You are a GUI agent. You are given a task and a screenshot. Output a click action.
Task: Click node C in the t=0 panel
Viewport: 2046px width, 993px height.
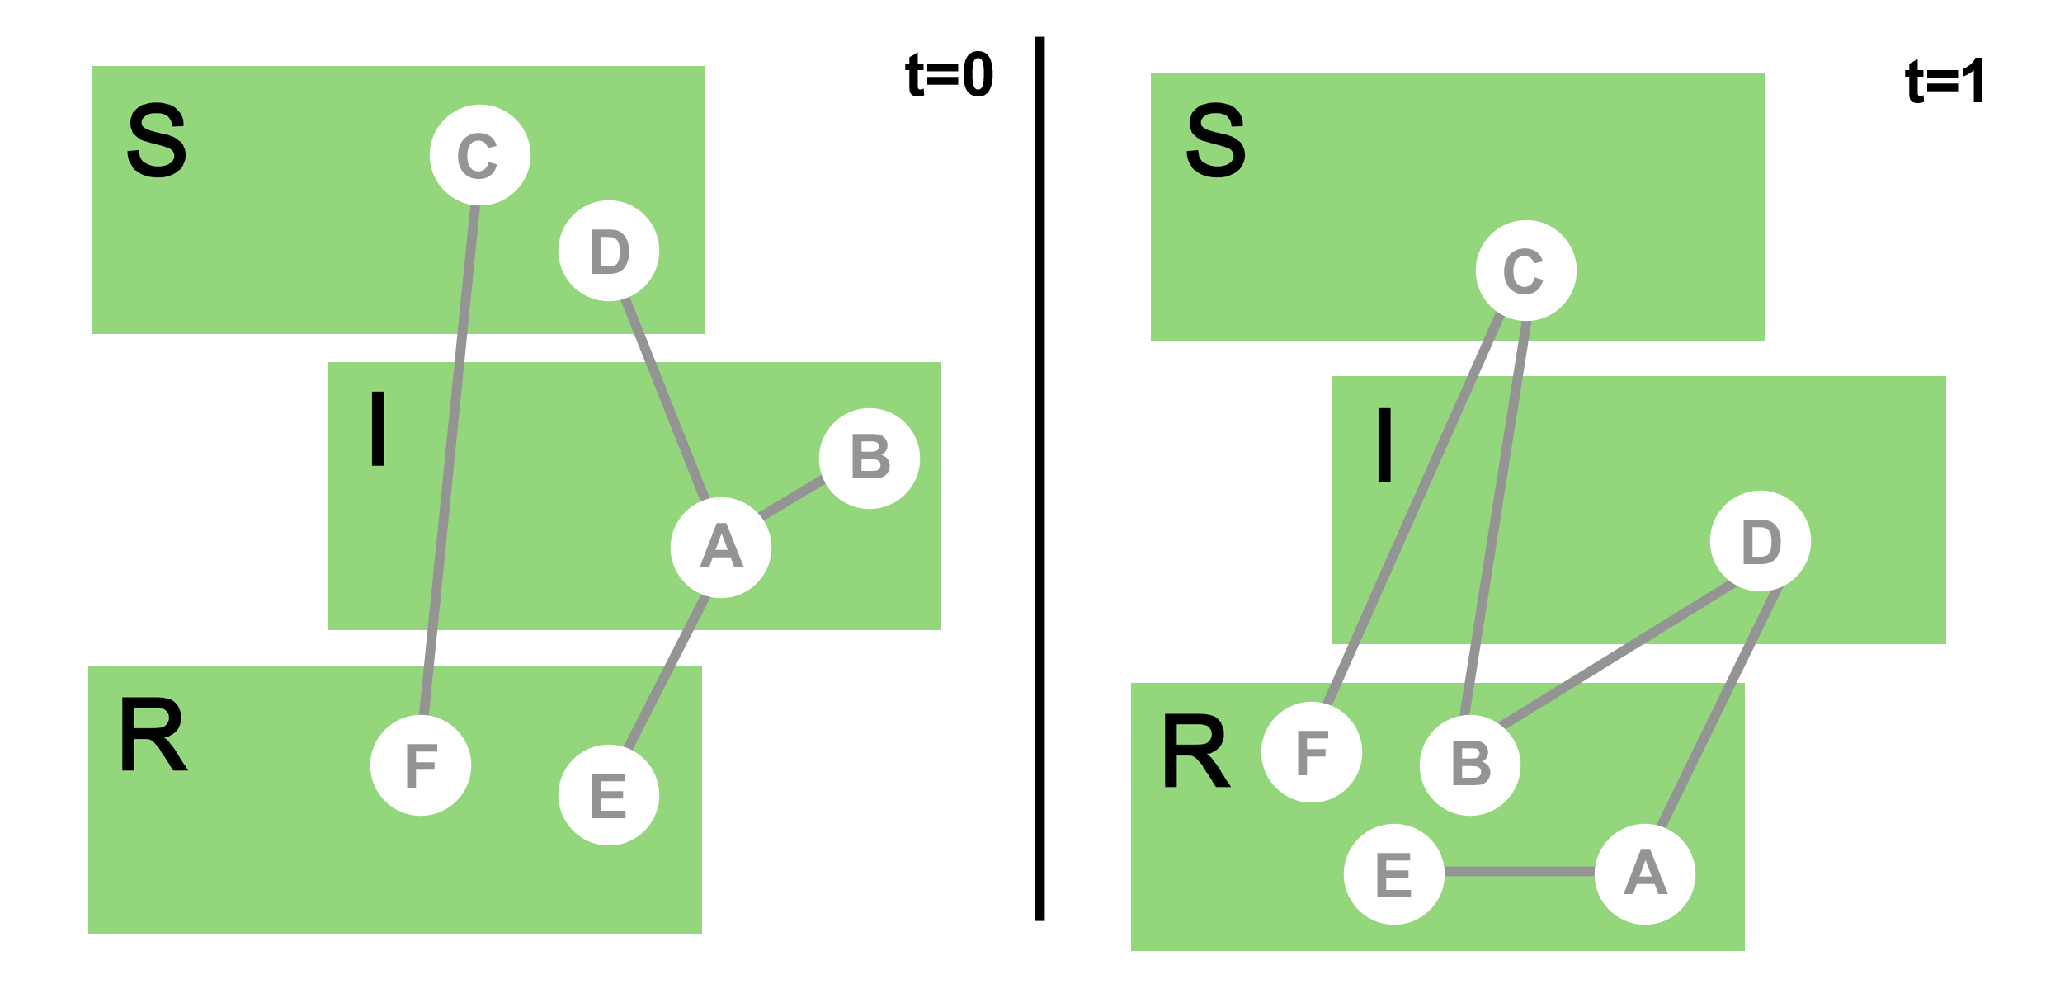[x=479, y=155]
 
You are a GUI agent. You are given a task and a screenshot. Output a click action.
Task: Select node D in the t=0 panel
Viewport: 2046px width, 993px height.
[x=609, y=251]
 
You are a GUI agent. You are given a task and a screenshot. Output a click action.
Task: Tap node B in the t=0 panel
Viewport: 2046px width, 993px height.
[x=870, y=459]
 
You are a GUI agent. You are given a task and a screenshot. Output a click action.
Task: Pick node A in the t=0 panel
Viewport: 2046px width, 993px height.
[x=721, y=548]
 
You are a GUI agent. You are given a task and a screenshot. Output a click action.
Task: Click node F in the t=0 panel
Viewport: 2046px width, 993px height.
[x=421, y=765]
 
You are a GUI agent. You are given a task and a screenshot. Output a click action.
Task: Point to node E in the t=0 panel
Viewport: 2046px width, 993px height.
[x=609, y=795]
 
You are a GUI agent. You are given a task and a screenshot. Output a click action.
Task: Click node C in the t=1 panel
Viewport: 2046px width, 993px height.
[x=1525, y=271]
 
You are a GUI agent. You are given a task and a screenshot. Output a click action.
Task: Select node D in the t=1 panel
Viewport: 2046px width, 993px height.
[x=1761, y=541]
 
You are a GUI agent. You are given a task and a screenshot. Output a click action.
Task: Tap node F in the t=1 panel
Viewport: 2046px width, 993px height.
[x=1312, y=752]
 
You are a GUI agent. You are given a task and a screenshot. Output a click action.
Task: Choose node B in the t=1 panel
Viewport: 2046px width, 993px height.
[x=1470, y=765]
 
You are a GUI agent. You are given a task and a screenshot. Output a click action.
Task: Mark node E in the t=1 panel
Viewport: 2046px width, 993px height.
[x=1394, y=874]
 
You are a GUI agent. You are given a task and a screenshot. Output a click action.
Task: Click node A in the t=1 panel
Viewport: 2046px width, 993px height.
[x=1645, y=874]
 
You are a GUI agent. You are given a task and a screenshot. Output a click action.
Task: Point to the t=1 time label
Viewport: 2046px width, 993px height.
[x=1945, y=82]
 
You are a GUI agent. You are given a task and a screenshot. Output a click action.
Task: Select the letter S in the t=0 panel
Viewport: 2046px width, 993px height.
[x=157, y=140]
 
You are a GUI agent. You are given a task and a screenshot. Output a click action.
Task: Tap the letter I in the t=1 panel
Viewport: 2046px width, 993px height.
[x=1384, y=445]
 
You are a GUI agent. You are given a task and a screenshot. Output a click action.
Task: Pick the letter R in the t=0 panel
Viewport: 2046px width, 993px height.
[x=153, y=734]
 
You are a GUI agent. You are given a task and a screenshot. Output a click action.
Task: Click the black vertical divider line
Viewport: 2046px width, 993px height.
[x=1039, y=478]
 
